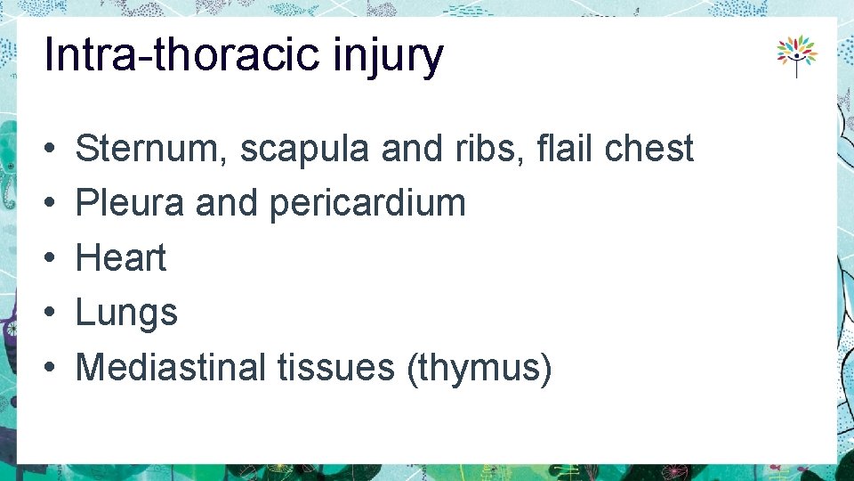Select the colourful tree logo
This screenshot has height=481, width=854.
796,55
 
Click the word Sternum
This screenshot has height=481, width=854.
151,149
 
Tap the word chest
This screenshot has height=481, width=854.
649,149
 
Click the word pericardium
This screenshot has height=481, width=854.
367,204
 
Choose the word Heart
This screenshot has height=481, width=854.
121,258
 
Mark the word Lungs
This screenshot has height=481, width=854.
126,314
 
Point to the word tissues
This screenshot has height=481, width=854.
336,367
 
